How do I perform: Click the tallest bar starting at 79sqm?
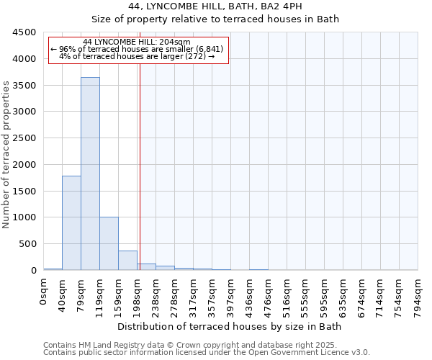point(90,174)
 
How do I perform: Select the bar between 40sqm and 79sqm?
point(71,222)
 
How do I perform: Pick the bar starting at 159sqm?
point(127,260)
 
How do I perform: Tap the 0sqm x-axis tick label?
point(43,291)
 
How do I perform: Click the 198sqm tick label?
point(137,294)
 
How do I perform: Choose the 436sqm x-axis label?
point(249,294)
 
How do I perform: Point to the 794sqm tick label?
point(418,294)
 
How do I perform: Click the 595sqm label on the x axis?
point(324,294)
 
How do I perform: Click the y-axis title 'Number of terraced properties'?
point(7,155)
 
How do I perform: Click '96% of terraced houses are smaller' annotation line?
point(137,49)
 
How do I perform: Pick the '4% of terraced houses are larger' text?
point(137,56)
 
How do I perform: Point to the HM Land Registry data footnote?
point(206,345)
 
